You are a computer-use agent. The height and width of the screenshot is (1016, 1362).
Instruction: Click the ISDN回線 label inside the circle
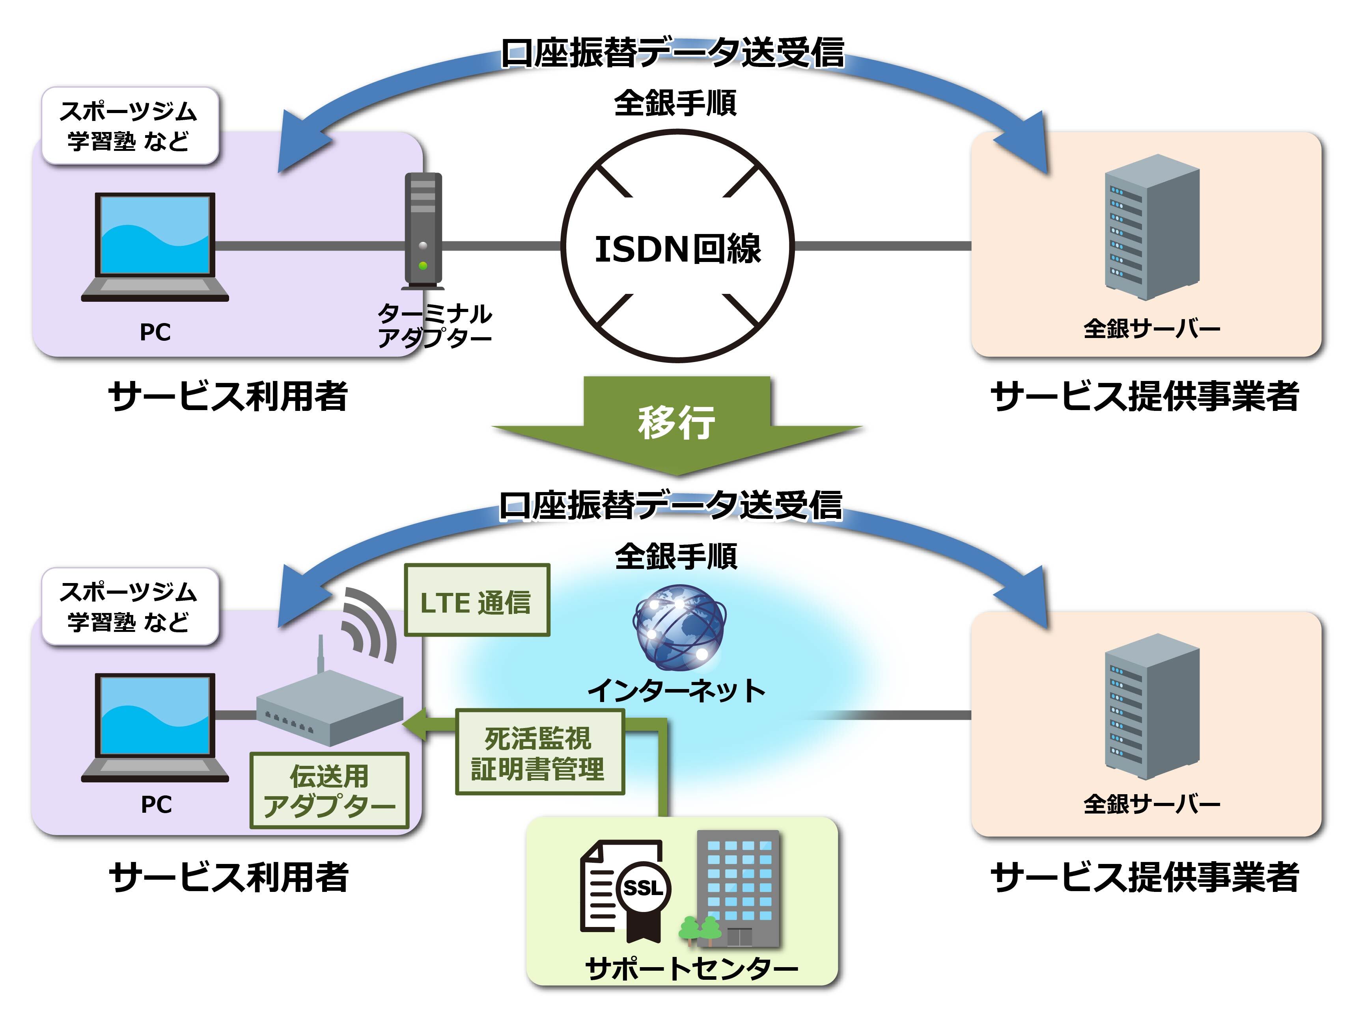(677, 249)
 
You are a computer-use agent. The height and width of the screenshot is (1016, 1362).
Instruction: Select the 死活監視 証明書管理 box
(539, 752)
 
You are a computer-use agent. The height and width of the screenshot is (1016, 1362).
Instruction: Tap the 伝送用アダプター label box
(329, 790)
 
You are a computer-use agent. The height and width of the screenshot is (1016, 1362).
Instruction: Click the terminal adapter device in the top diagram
(423, 230)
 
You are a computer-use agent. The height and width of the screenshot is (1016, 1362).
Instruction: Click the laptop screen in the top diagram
(155, 234)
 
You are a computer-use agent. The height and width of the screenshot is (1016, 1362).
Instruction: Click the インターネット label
(677, 690)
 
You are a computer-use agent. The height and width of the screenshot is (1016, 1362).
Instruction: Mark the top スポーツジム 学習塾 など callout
(130, 126)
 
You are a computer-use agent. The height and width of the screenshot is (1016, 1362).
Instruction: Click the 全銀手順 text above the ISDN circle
(675, 103)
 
